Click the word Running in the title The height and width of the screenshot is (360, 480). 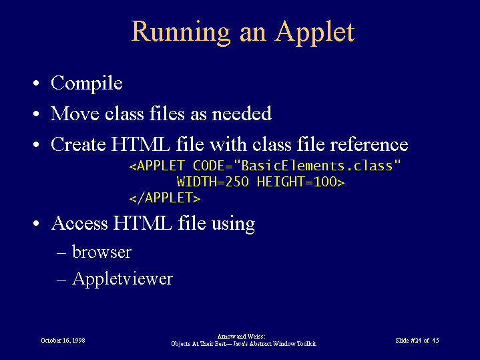click(181, 33)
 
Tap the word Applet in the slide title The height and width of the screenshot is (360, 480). click(314, 33)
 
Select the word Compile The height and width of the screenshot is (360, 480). click(87, 83)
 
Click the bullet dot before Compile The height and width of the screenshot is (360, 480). click(36, 83)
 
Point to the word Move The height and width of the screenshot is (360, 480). click(75, 114)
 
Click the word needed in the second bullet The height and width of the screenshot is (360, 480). click(242, 114)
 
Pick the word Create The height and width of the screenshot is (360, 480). click(78, 144)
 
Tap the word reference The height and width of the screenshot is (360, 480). click(369, 144)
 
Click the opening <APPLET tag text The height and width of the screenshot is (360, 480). click(157, 166)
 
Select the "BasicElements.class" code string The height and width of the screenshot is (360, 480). click(317, 166)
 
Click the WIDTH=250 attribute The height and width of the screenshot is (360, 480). click(213, 182)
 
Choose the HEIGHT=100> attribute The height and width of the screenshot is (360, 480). click(301, 182)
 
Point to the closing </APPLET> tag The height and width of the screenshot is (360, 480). click(165, 198)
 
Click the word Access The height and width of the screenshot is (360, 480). click(79, 223)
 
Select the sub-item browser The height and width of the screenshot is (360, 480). click(101, 252)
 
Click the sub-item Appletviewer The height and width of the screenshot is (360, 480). click(122, 279)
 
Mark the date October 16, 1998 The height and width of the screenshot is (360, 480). click(63, 341)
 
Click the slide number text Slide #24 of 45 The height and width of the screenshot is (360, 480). click(417, 341)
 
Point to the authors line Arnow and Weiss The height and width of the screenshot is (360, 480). click(241, 337)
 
